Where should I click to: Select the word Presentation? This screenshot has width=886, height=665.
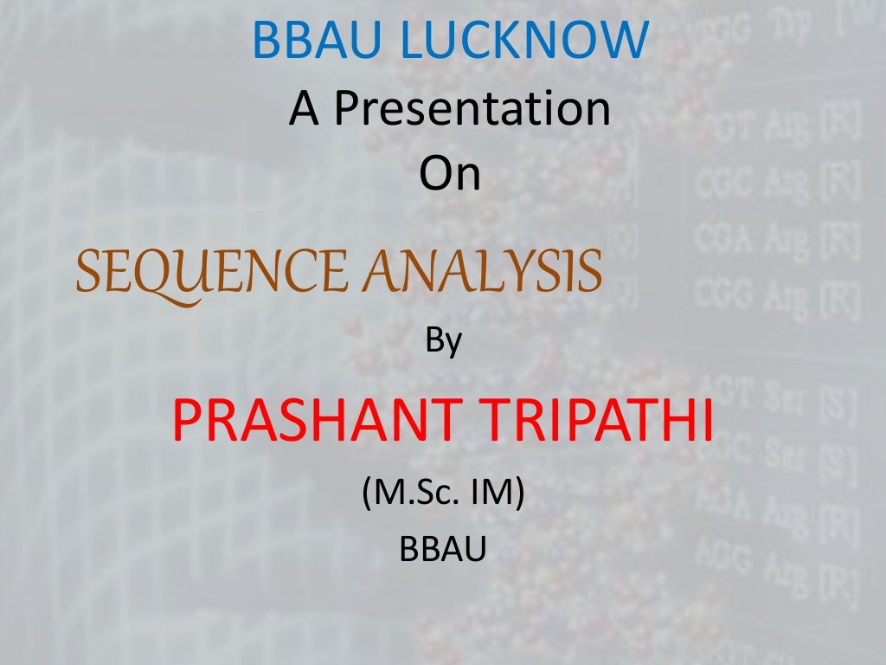(472, 109)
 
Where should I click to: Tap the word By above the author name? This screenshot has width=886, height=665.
(444, 342)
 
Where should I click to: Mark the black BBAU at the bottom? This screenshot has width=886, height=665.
(443, 548)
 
